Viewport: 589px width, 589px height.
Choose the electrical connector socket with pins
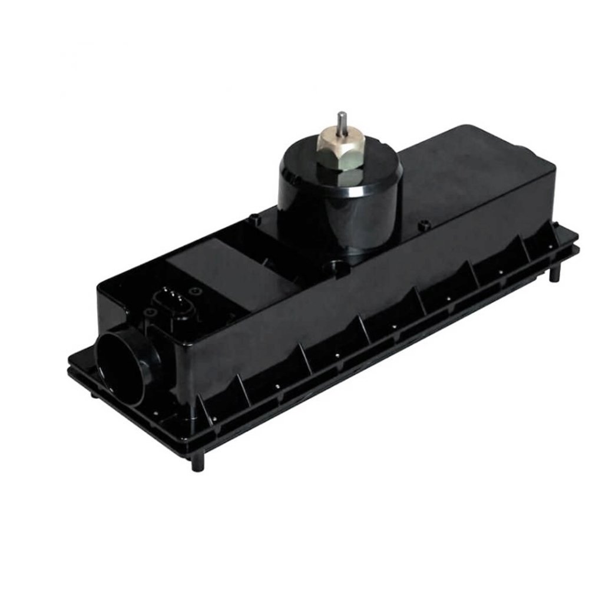coord(170,300)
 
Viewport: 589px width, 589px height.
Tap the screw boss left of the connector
coord(150,312)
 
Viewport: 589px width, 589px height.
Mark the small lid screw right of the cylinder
coord(422,225)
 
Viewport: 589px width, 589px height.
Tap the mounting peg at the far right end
coord(555,273)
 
